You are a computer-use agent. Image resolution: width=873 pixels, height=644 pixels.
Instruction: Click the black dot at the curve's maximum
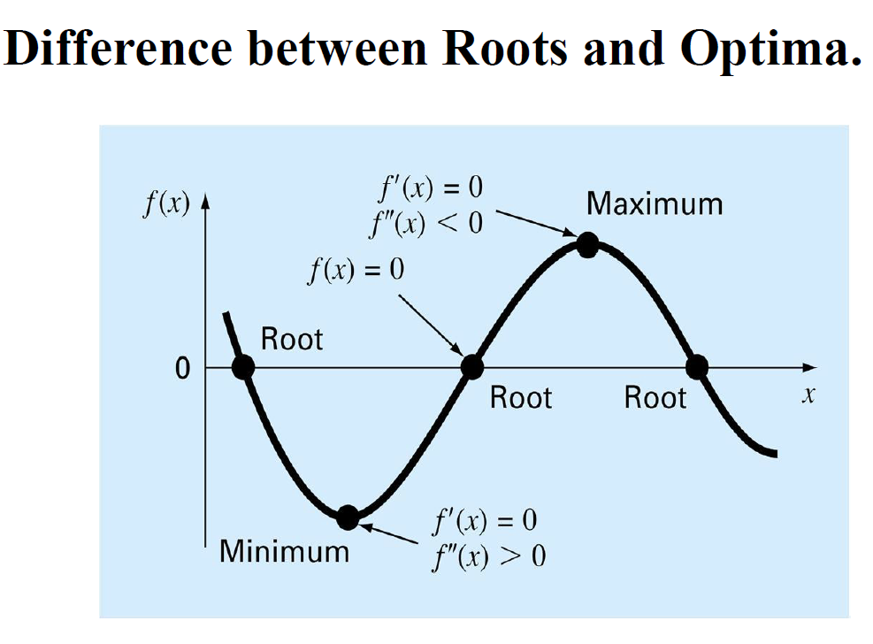[587, 245]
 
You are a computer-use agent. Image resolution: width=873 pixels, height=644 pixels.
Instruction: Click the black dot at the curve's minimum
[348, 517]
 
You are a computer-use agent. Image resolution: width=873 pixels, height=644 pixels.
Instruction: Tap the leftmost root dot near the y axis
[243, 367]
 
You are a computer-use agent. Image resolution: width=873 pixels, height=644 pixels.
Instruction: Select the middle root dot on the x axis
[472, 367]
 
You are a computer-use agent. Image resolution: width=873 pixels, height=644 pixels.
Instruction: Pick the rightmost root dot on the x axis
[697, 367]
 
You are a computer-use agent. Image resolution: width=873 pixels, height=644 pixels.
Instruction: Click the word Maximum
[655, 203]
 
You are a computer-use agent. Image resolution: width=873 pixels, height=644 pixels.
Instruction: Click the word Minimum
[285, 551]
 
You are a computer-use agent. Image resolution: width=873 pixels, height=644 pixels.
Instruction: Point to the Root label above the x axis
[292, 339]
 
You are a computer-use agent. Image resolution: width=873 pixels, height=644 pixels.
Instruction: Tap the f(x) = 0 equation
[356, 270]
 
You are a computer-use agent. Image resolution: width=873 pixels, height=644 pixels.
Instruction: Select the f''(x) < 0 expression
[426, 224]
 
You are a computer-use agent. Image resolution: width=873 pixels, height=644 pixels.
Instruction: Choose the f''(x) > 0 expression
[489, 556]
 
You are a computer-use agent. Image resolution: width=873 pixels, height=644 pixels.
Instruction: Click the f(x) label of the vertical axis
[167, 203]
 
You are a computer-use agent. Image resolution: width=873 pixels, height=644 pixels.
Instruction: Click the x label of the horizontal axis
[808, 395]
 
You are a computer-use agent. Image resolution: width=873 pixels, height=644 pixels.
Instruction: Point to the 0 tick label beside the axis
[182, 369]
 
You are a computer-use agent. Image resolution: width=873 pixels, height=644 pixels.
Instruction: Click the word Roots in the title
[504, 49]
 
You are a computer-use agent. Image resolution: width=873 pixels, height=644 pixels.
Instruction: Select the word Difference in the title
[118, 48]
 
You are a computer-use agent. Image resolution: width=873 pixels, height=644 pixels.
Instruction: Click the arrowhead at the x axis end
[809, 367]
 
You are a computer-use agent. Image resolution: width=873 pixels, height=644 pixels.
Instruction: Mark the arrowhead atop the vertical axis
[205, 201]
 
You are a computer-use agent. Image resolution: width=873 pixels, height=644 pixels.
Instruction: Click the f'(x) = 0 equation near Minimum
[485, 521]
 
